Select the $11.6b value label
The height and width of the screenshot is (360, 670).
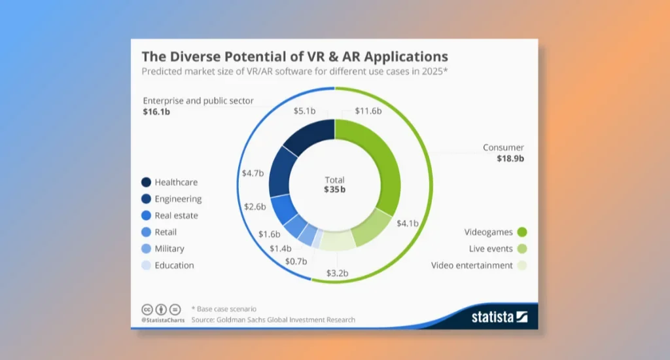tap(368, 111)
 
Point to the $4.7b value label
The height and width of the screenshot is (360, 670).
tap(253, 173)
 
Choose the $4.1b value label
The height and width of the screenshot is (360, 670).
tap(407, 223)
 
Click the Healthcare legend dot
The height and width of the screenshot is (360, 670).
tap(146, 183)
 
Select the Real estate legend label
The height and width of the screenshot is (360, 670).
tap(176, 215)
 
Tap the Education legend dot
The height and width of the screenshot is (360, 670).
tap(146, 266)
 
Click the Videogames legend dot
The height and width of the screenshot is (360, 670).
tap(522, 232)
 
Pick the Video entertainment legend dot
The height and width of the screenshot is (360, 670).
tap(522, 266)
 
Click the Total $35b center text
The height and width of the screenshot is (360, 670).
tap(334, 185)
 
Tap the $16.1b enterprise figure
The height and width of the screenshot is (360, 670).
tap(156, 112)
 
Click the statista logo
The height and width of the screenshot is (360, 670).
tap(499, 317)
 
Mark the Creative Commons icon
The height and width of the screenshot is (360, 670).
tap(147, 309)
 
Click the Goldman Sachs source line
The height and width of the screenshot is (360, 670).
tap(273, 320)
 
